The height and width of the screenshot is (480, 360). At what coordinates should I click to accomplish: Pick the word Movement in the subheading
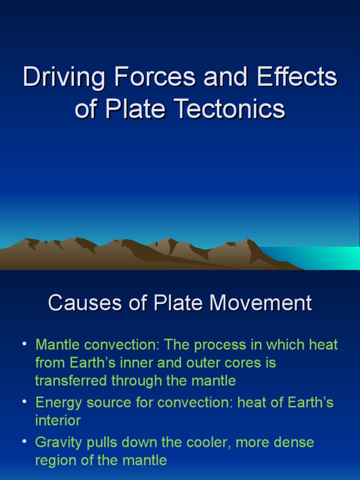tap(261, 303)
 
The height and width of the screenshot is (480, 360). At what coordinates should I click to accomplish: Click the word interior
tap(58, 420)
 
